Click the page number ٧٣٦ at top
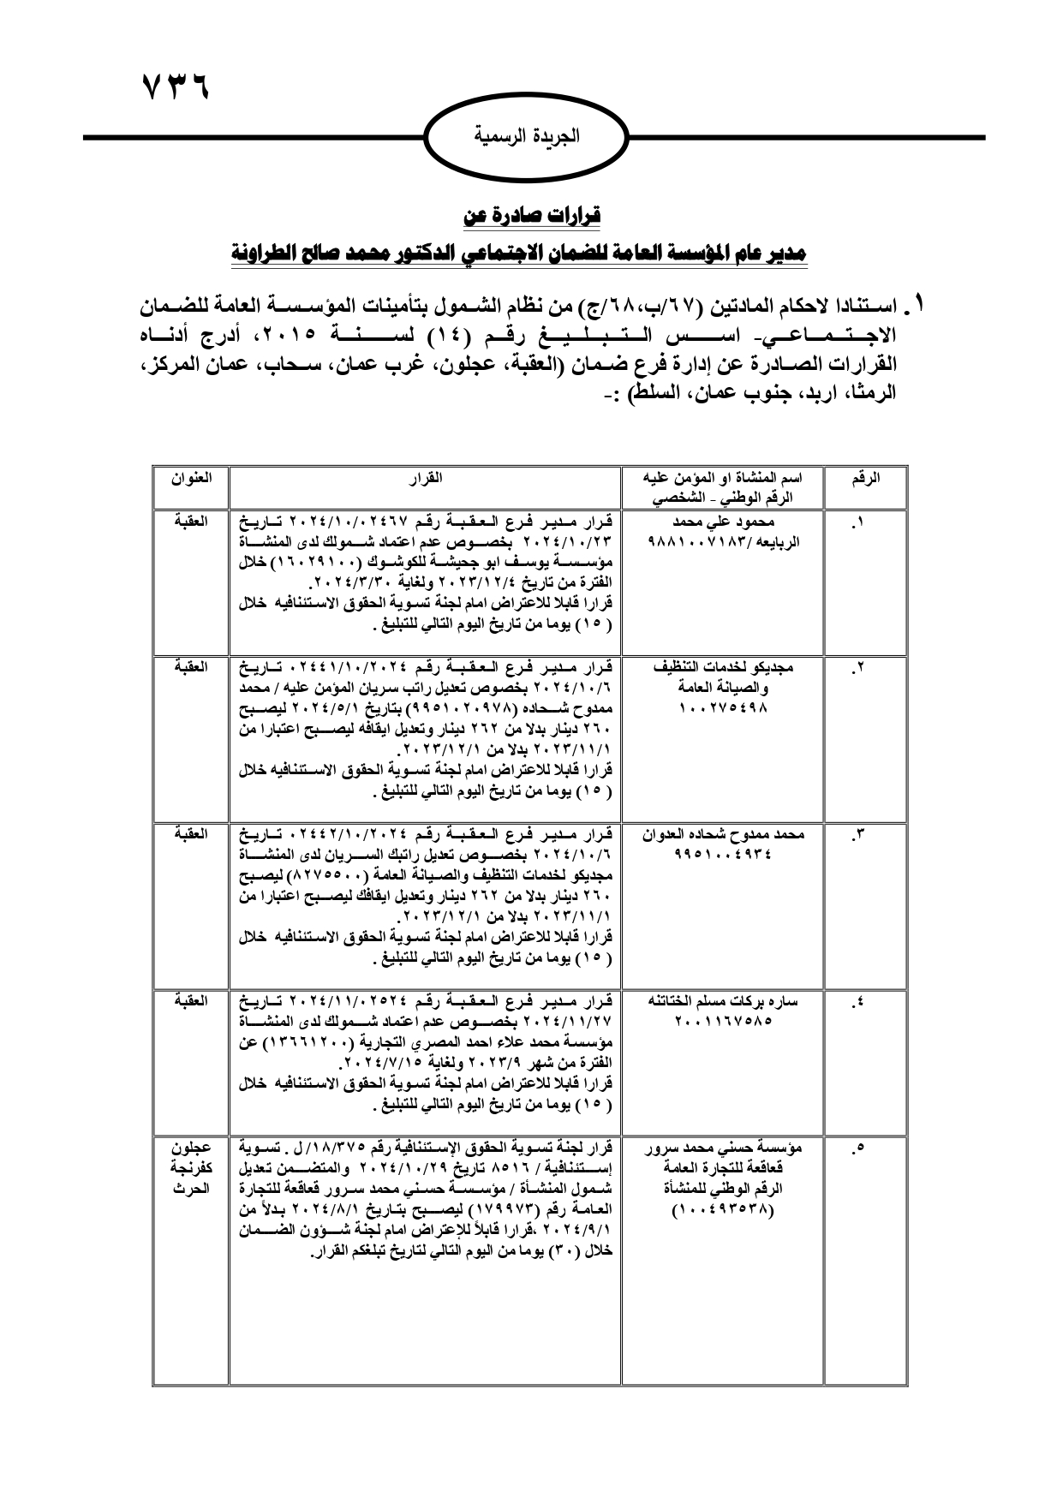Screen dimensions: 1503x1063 174,87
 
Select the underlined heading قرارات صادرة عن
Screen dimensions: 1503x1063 532,216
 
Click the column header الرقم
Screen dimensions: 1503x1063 865,480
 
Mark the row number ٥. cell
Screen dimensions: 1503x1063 861,1148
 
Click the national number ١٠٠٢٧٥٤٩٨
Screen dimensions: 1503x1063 725,707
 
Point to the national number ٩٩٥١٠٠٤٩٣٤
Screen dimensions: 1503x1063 725,852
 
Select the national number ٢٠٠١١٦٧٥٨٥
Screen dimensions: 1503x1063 725,1020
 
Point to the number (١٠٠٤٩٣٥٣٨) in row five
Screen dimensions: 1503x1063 725,1210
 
